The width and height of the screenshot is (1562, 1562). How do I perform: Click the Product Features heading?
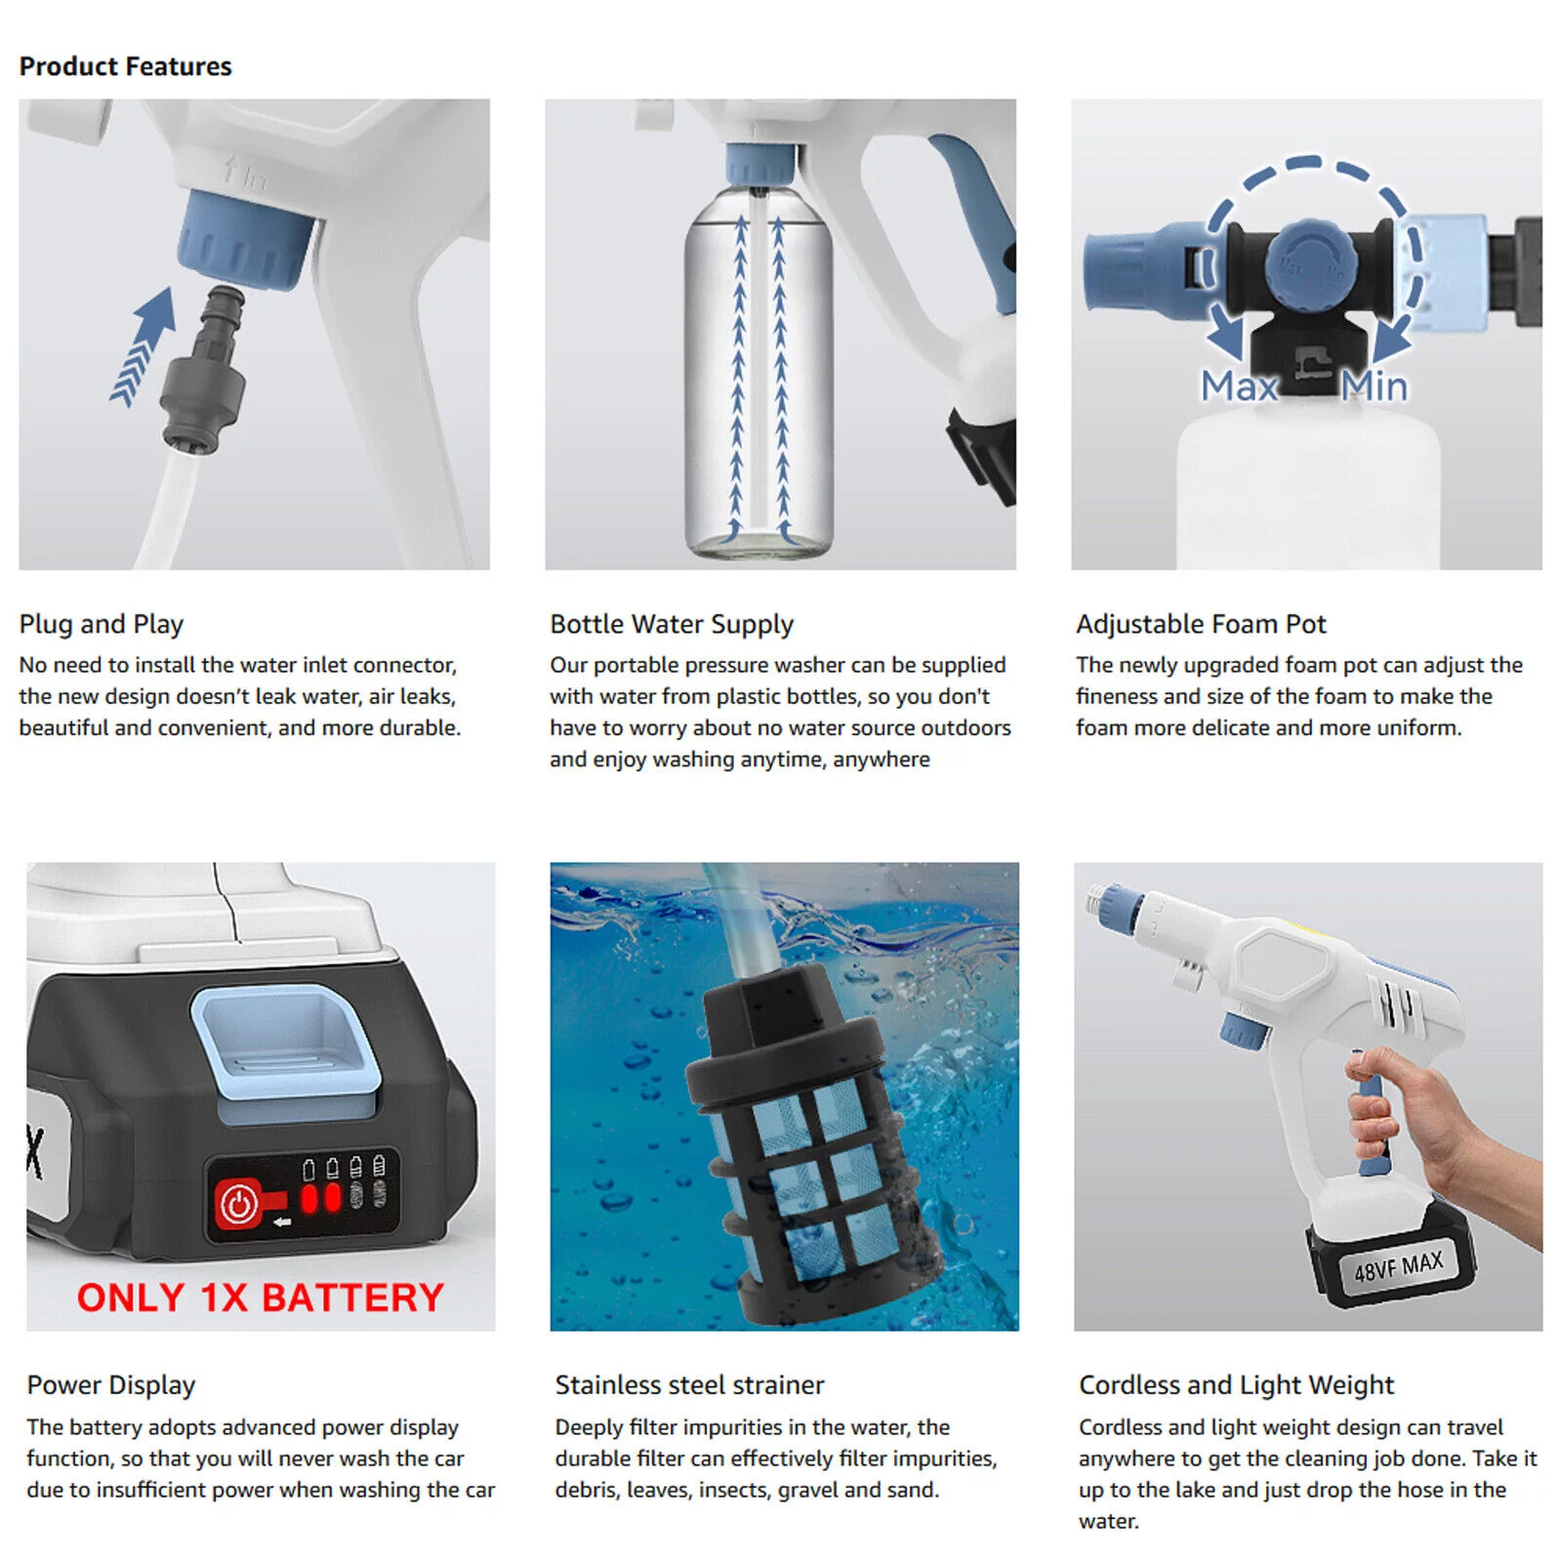[125, 66]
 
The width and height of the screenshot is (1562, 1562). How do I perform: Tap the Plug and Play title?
[102, 624]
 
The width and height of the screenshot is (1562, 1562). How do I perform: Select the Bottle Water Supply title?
[672, 624]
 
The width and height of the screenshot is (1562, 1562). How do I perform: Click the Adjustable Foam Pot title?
[1201, 624]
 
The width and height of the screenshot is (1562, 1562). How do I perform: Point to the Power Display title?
[111, 1385]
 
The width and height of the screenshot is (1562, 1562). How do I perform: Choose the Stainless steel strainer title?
[689, 1384]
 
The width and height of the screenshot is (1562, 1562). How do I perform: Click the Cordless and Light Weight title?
[1236, 1385]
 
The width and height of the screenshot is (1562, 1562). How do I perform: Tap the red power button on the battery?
[237, 1204]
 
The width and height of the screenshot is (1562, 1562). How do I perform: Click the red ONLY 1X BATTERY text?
[261, 1297]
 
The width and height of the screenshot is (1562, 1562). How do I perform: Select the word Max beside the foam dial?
[1239, 387]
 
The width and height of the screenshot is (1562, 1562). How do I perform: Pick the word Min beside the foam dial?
[1374, 387]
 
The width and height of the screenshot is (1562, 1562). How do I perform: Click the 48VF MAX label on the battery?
[1398, 1266]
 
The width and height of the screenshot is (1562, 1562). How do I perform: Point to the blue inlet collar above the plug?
[247, 240]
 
